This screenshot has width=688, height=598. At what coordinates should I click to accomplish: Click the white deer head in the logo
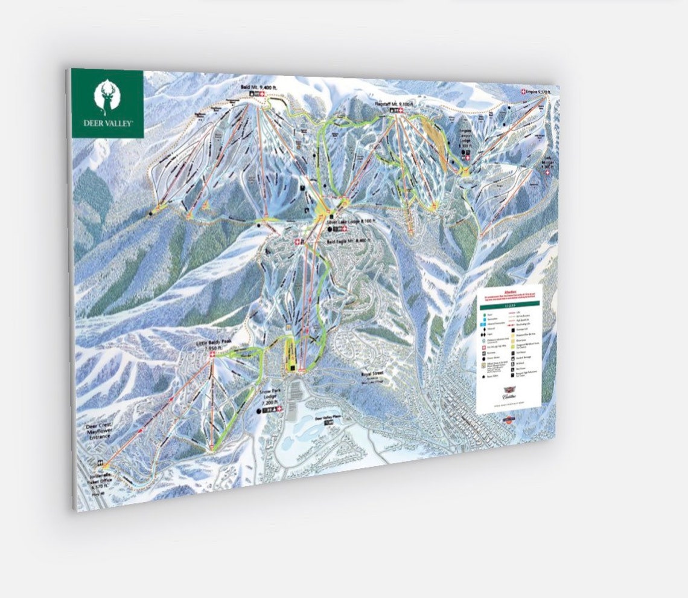point(108,97)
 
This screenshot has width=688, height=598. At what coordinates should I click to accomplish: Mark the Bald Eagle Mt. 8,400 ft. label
point(348,239)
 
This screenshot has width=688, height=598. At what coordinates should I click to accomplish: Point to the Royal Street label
point(372,374)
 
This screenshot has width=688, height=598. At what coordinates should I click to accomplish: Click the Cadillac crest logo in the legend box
point(507,393)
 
